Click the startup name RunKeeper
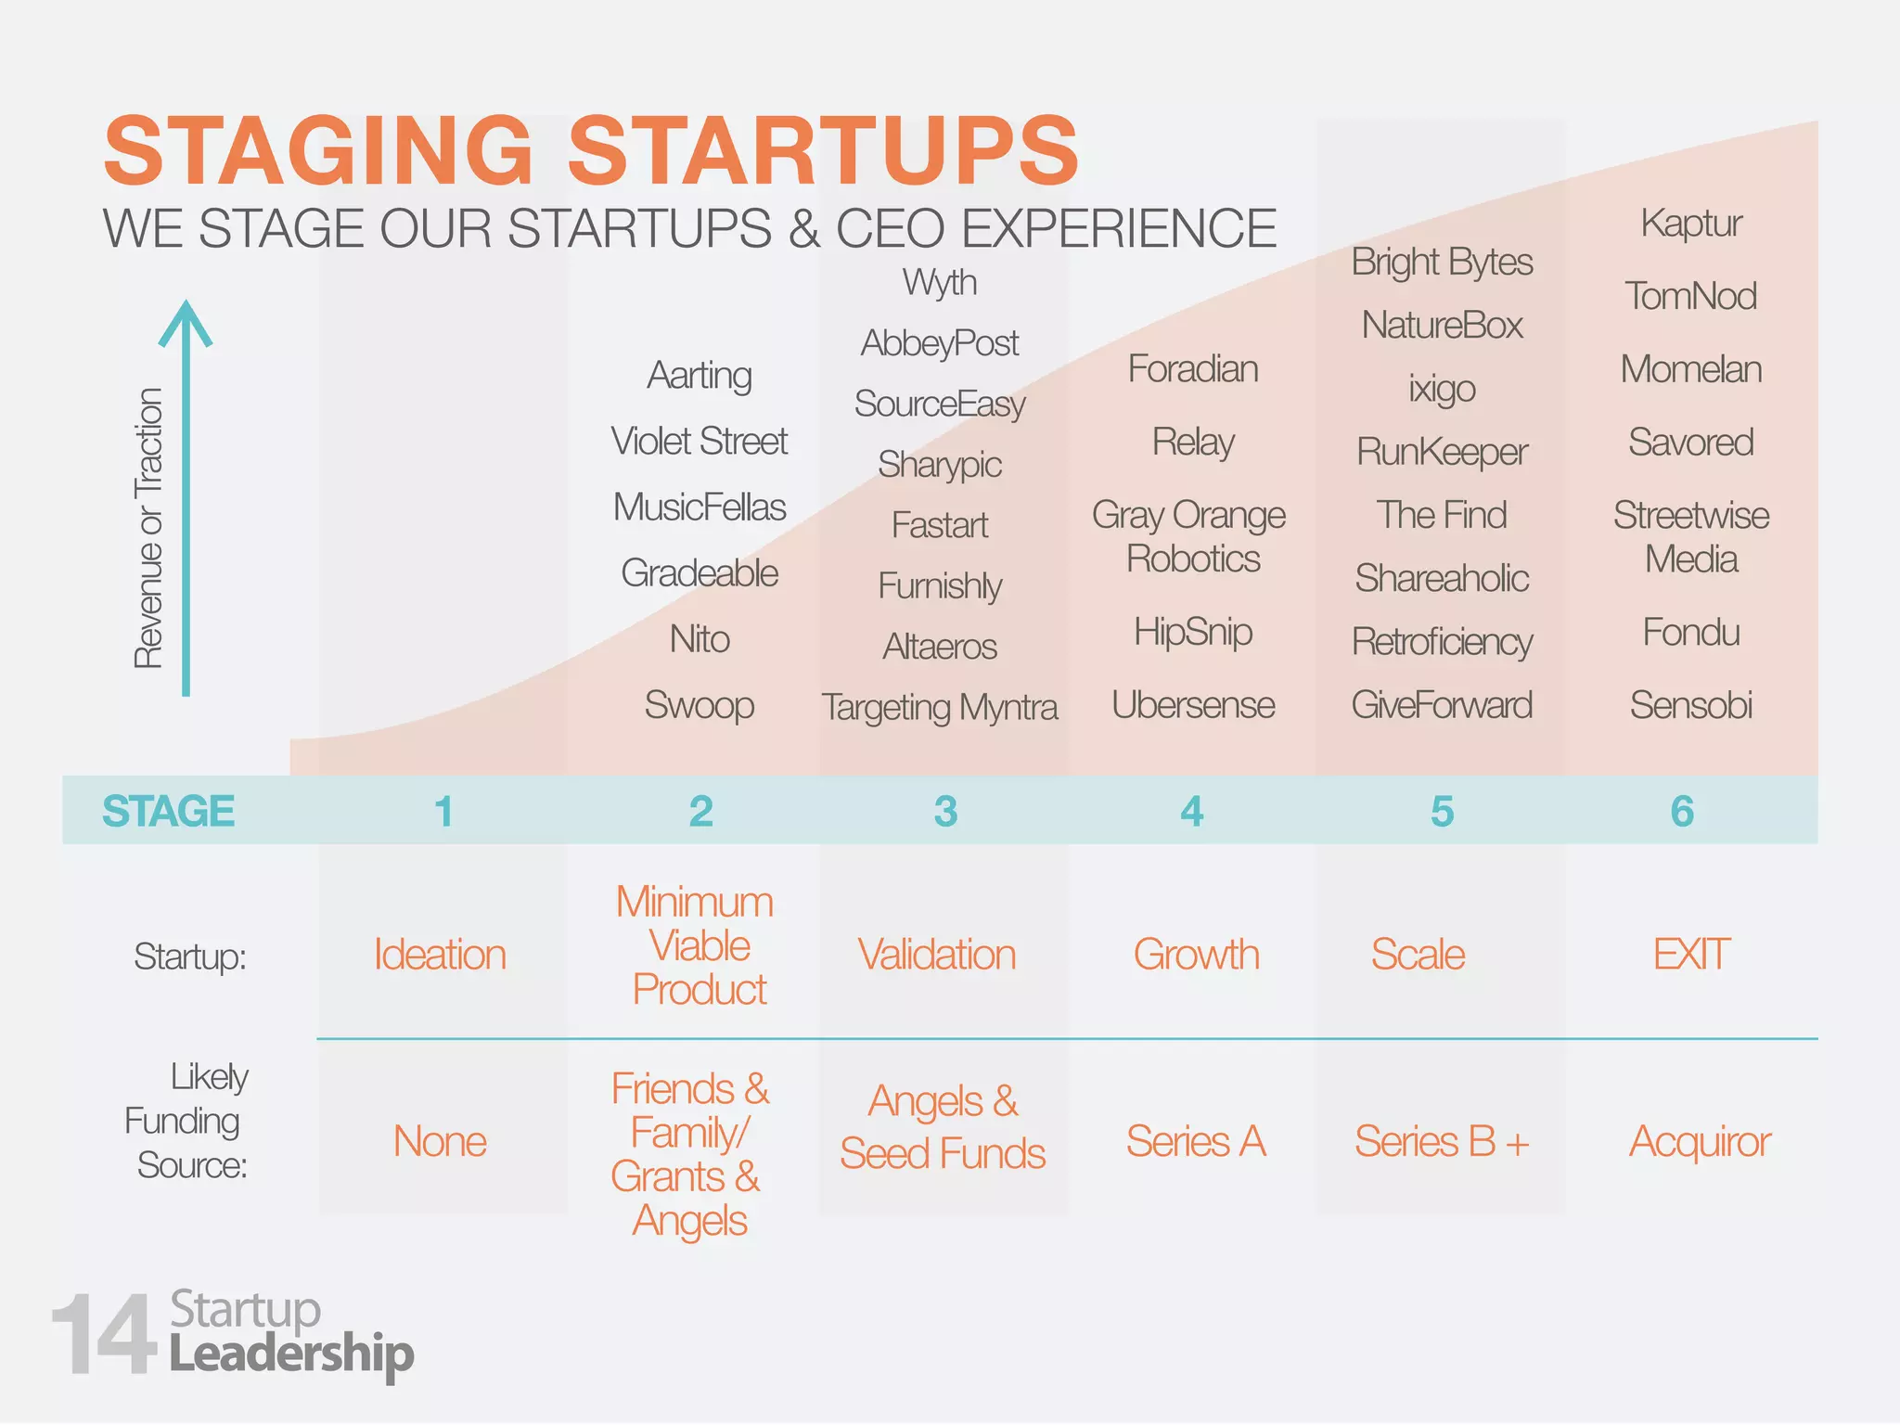point(1442,452)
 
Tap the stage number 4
point(1192,812)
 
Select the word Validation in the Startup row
point(937,955)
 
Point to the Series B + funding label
point(1442,1141)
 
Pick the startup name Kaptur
point(1691,224)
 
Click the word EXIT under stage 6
point(1691,955)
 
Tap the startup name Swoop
point(700,705)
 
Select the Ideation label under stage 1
point(440,955)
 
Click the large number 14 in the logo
point(104,1336)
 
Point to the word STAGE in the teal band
point(169,812)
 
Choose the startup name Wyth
point(940,282)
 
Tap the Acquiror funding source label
point(1700,1141)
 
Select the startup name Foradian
point(1193,369)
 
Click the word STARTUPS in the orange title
point(824,150)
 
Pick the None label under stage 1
point(440,1141)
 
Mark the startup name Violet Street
point(700,441)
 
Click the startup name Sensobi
point(1691,705)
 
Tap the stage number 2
point(701,812)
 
